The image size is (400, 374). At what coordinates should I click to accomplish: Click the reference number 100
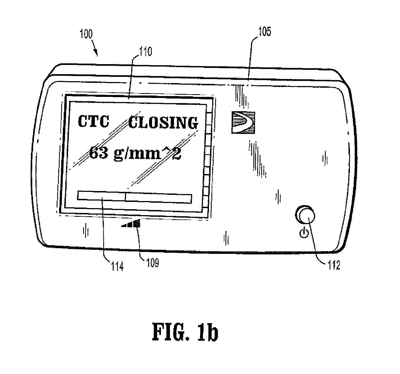point(86,34)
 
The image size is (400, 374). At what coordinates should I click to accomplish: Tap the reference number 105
point(265,32)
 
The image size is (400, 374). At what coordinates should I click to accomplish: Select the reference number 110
point(146,51)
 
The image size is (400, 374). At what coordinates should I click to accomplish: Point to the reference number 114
point(117,267)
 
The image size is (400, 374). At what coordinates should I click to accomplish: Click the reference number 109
point(153,263)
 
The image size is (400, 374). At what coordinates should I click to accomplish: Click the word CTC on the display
point(94,121)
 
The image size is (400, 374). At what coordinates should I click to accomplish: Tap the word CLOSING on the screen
point(163,123)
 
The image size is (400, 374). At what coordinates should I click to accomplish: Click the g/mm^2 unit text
point(147,154)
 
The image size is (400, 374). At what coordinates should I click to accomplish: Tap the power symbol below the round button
point(304,233)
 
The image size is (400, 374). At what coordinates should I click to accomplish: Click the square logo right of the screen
point(243,122)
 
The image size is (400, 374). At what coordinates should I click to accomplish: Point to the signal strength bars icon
point(131,223)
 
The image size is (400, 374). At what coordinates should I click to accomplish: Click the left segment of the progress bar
point(101,196)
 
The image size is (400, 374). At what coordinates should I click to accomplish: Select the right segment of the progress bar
point(158,198)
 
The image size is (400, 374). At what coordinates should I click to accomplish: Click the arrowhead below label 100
point(96,53)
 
